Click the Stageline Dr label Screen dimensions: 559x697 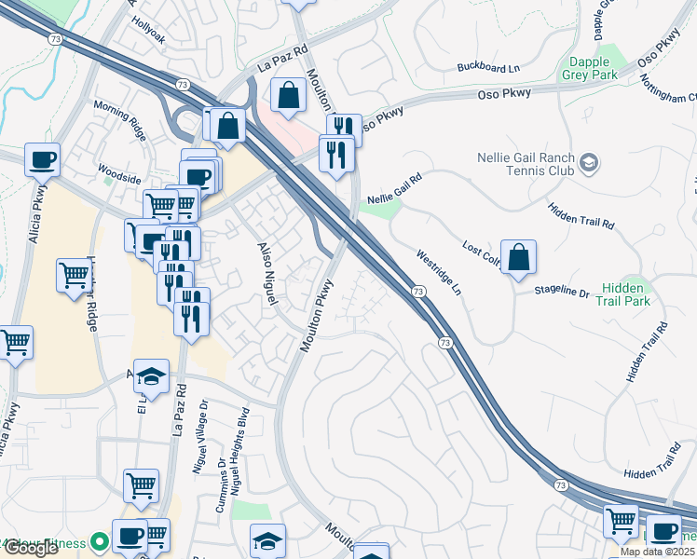click(562, 293)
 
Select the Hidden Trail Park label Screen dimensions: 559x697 click(649, 295)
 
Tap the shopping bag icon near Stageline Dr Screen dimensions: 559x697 click(518, 258)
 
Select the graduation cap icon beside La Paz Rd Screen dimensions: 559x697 click(152, 377)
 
